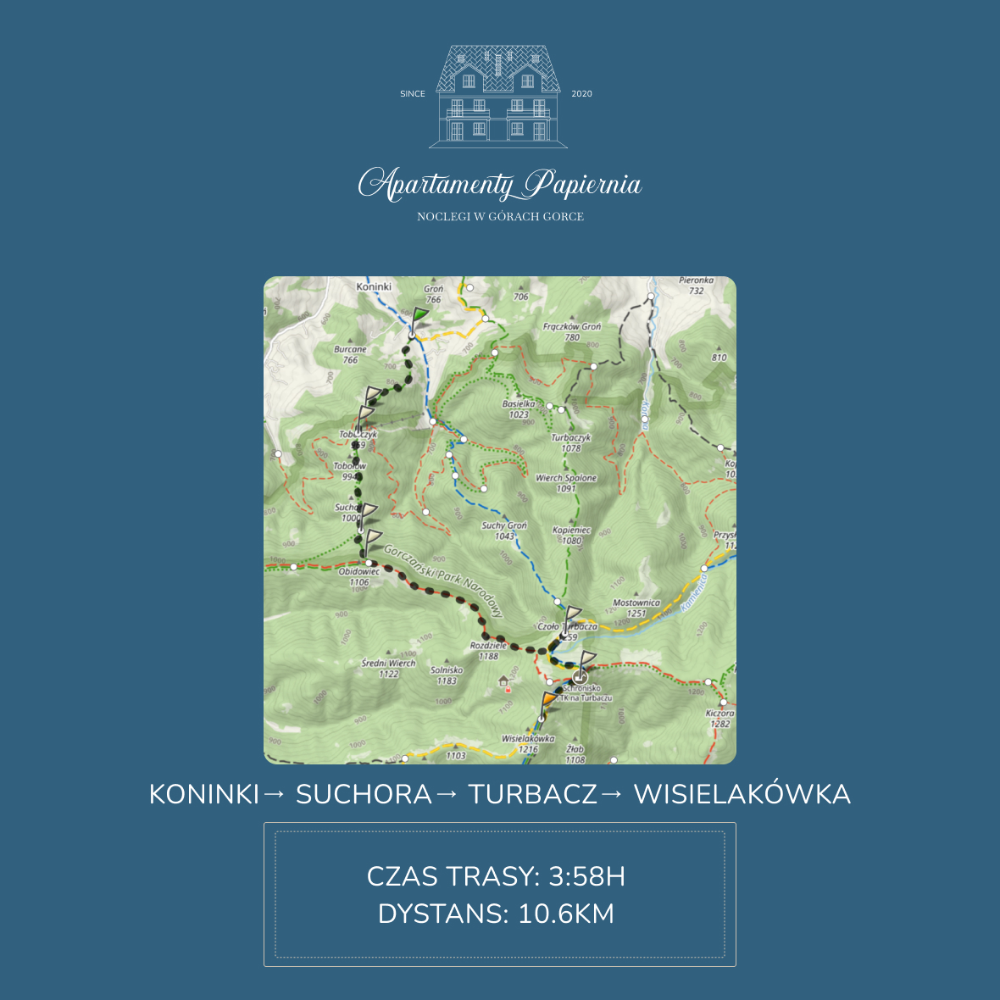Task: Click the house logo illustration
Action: (498, 95)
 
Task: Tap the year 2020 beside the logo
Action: (581, 94)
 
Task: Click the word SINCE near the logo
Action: (413, 94)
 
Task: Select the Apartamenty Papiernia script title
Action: (500, 185)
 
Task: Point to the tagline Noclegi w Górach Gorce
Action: (500, 217)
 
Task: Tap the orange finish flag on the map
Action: (549, 700)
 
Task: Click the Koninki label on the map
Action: (374, 286)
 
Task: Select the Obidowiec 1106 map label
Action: (359, 577)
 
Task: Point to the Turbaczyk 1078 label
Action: (571, 443)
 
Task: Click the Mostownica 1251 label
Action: (636, 608)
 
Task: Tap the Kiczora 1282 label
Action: (719, 719)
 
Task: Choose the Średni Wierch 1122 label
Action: (389, 669)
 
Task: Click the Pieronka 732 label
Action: (696, 286)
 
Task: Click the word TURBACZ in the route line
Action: (532, 795)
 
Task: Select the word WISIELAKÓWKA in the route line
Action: (742, 795)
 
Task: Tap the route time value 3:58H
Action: (586, 876)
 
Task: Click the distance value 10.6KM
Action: (566, 914)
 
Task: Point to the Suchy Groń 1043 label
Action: (504, 531)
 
